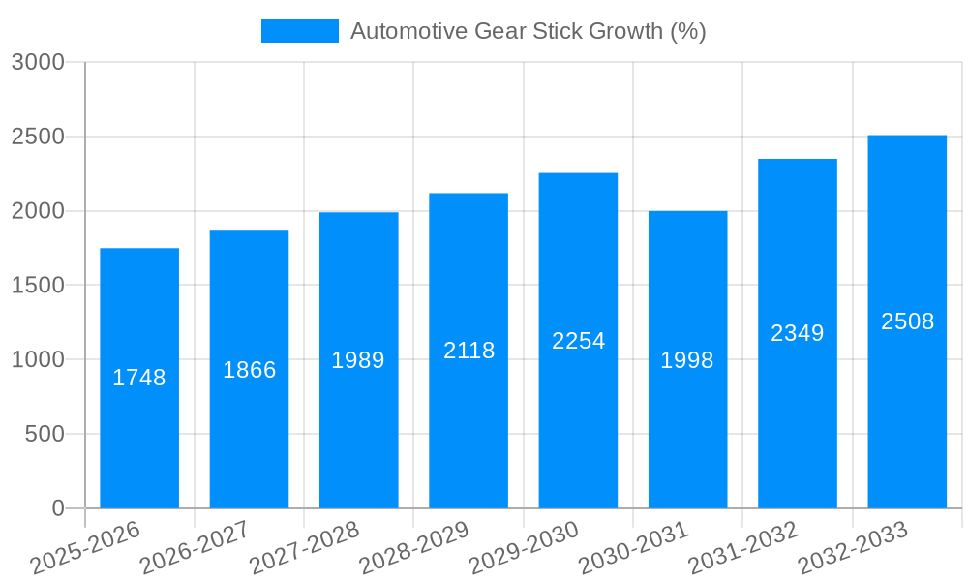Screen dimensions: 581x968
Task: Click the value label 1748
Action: [x=139, y=378]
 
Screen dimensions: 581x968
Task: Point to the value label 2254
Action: [x=578, y=341]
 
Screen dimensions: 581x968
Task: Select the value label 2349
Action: [x=798, y=333]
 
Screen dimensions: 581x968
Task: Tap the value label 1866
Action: [x=249, y=370]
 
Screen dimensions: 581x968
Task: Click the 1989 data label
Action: [x=358, y=360]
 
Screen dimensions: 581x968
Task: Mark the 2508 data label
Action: [x=907, y=321]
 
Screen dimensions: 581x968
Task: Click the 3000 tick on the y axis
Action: [x=37, y=63]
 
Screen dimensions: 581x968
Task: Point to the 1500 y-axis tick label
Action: [x=37, y=286]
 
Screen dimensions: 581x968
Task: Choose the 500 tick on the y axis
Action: [x=45, y=434]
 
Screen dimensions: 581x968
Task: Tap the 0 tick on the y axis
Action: [x=57, y=508]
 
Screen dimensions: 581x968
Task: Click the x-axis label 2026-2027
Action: [x=195, y=548]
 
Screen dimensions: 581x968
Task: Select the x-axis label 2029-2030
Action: [x=524, y=548]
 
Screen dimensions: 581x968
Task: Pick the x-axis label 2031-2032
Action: [x=742, y=548]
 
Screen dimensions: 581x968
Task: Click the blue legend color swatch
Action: [x=300, y=31]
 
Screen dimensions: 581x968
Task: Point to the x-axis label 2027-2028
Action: [x=304, y=548]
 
